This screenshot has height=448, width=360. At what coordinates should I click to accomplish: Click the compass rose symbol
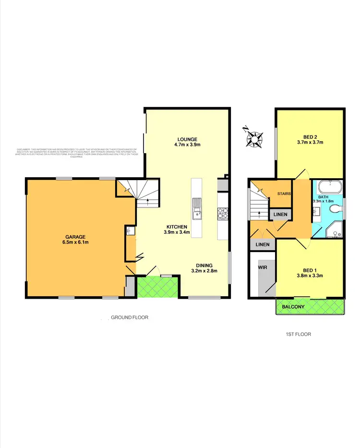(x=253, y=137)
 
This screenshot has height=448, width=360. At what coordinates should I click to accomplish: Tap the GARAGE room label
(x=76, y=237)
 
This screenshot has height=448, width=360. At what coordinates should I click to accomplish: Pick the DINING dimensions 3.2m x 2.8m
(x=207, y=271)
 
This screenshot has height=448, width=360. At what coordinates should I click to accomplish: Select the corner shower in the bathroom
(x=333, y=231)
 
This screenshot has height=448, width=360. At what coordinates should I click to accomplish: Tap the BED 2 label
(x=310, y=136)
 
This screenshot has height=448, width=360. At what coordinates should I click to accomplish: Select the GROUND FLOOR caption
(x=130, y=317)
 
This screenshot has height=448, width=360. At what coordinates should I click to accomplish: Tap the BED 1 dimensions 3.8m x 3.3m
(x=310, y=275)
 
